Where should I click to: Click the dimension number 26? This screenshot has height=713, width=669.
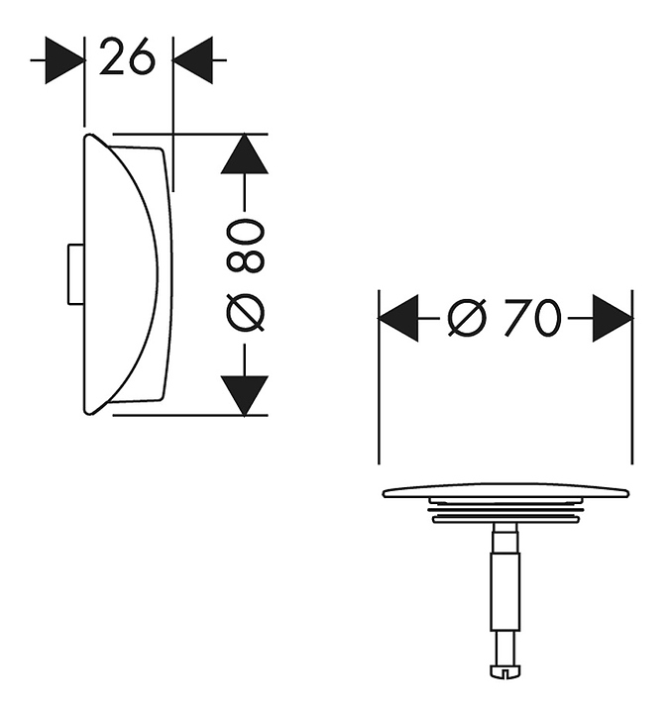pos(127,56)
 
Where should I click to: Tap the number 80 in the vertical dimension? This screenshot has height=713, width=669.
pos(245,246)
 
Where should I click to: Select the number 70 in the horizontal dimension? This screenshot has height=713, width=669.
pos(532,318)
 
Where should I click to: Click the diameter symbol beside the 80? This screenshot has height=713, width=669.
pos(245,312)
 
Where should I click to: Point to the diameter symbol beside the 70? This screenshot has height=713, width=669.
pos(467,318)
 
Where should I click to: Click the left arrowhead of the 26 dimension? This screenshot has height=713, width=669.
pos(64,60)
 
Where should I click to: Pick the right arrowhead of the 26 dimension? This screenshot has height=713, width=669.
pos(192,60)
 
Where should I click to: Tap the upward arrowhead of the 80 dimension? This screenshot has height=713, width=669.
pos(245,153)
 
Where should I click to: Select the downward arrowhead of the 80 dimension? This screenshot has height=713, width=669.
pos(245,395)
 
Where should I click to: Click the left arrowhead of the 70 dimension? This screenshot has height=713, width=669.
pos(398,318)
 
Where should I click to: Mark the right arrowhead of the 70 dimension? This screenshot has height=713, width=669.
pos(613,318)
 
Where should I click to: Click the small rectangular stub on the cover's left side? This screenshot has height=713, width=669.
pos(75,274)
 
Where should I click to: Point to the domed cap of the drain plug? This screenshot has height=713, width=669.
pos(505,490)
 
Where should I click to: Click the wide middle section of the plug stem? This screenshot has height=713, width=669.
pos(505,591)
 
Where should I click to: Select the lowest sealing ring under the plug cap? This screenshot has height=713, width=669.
pos(505,518)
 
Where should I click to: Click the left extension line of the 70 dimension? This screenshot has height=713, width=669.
pos(379,377)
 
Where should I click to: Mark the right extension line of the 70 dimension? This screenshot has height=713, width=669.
pos(632,377)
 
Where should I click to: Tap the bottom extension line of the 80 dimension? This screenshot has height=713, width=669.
pos(190,415)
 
